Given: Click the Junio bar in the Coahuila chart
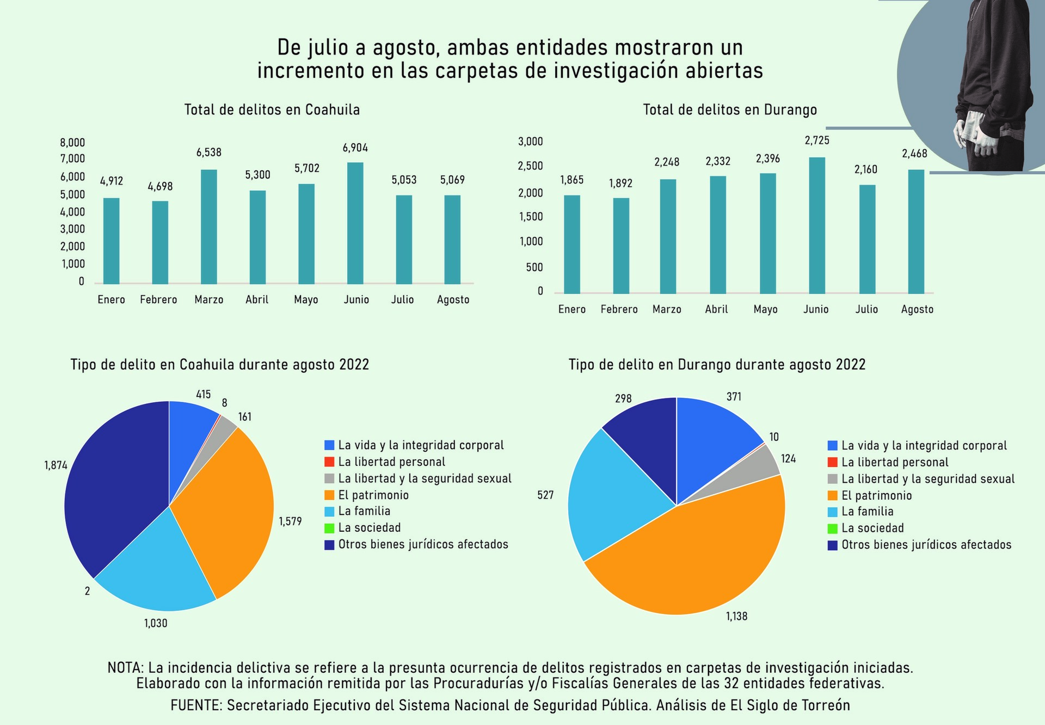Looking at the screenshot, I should (x=355, y=223).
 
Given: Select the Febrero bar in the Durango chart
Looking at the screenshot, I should (x=621, y=245).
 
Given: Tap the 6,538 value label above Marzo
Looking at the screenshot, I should (x=209, y=153).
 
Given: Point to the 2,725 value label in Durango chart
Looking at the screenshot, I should (x=817, y=141).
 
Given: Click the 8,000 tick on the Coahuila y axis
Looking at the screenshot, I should (x=72, y=143).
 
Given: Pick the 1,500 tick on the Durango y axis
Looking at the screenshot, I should (x=531, y=217).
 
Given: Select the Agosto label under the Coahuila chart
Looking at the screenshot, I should (x=453, y=300).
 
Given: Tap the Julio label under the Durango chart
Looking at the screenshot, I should (x=866, y=310).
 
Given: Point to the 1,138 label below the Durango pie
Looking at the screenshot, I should (x=736, y=617).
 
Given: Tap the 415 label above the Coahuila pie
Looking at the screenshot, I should (x=204, y=395).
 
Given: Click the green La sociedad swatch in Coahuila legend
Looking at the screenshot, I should (x=329, y=528).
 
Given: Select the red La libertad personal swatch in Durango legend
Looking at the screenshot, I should (x=833, y=463).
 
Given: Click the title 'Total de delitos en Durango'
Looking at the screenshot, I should (x=730, y=110).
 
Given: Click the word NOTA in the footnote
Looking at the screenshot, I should (x=125, y=668).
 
